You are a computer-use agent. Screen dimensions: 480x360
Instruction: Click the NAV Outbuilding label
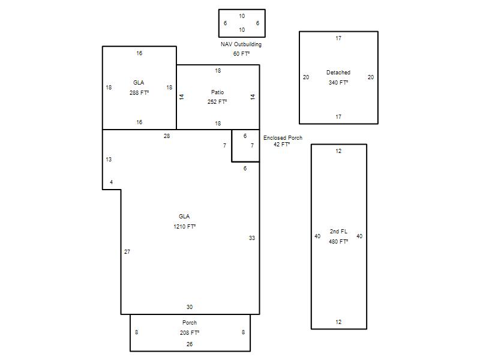click(x=241, y=44)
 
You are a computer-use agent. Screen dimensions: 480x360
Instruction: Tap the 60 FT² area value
click(x=242, y=54)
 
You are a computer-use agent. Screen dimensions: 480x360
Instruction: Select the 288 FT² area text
click(x=139, y=93)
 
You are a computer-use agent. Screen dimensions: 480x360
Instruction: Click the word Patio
click(x=217, y=92)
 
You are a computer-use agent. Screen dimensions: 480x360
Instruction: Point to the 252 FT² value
click(x=217, y=102)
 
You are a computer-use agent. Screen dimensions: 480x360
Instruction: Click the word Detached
click(x=338, y=73)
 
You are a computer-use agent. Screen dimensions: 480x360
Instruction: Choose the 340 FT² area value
click(x=338, y=83)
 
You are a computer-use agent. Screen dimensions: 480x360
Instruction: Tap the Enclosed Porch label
click(x=283, y=138)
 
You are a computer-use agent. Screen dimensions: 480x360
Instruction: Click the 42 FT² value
click(x=281, y=144)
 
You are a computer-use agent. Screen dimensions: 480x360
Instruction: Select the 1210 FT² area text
click(x=184, y=227)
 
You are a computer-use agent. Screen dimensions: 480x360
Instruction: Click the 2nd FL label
click(x=338, y=232)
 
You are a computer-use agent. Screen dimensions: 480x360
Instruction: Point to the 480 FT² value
click(x=338, y=242)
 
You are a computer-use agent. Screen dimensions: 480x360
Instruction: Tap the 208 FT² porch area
click(x=190, y=333)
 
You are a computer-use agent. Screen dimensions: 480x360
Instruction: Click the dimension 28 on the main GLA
click(x=167, y=136)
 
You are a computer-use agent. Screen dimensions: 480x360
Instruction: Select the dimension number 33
click(x=251, y=238)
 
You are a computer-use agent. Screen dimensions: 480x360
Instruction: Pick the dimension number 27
click(x=127, y=251)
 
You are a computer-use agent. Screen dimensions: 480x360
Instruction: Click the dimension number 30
click(x=190, y=307)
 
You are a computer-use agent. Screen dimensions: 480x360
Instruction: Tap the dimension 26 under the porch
click(x=190, y=344)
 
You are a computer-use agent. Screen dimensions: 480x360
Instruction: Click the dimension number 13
click(x=109, y=159)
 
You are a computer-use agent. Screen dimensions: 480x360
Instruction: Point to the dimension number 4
click(x=111, y=182)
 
